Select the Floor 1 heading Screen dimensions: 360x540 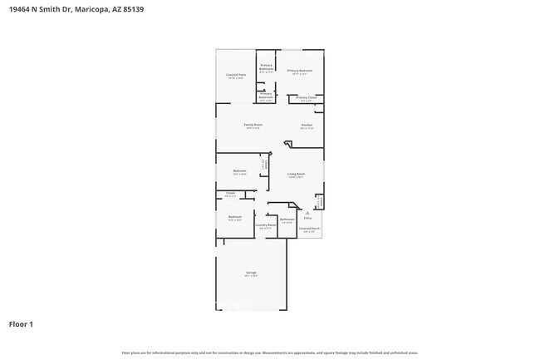point(22,323)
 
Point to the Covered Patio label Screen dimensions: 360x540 point(236,75)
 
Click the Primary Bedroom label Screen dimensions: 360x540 point(300,71)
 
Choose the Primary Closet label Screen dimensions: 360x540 point(307,98)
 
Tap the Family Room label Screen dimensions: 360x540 point(252,126)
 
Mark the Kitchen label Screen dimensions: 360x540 point(307,126)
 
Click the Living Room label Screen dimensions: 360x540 point(297,174)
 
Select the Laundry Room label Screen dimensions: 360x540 point(266,224)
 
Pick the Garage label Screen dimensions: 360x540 point(251,272)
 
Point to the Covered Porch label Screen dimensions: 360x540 point(309,228)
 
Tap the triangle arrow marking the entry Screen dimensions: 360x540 point(307,213)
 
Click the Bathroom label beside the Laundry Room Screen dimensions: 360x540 point(287,219)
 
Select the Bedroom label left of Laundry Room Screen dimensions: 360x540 point(235,217)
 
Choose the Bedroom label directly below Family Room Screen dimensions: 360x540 point(239,171)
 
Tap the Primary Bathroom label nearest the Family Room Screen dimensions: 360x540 point(266,95)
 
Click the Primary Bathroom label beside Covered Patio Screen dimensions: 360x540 point(266,67)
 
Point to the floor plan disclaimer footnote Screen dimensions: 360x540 point(269,353)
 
